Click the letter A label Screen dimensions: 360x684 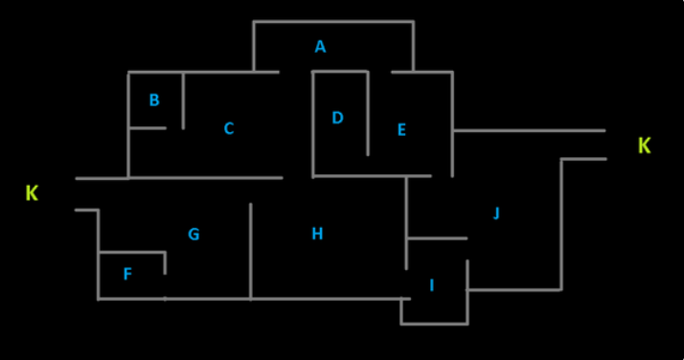pyautogui.click(x=320, y=46)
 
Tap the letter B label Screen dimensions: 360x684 pyautogui.click(x=154, y=100)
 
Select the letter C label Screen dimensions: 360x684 pyautogui.click(x=228, y=128)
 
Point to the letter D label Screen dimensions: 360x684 pyautogui.click(x=337, y=118)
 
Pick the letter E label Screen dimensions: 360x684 pyautogui.click(x=401, y=129)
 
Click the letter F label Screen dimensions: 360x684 pyautogui.click(x=127, y=275)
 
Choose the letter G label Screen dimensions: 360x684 pyautogui.click(x=194, y=234)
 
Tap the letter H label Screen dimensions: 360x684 pyautogui.click(x=317, y=234)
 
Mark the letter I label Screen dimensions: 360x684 pyautogui.click(x=432, y=285)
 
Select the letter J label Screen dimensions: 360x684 pyautogui.click(x=496, y=214)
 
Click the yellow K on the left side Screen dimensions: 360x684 pyautogui.click(x=32, y=193)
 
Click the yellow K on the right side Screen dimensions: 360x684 pyautogui.click(x=645, y=146)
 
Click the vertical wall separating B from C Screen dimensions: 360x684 pyautogui.click(x=183, y=100)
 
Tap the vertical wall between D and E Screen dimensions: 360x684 pyautogui.click(x=368, y=113)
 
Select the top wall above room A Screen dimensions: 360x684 pyautogui.click(x=333, y=21)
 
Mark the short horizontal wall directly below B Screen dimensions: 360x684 pyautogui.click(x=147, y=127)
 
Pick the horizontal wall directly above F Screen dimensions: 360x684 pyautogui.click(x=131, y=253)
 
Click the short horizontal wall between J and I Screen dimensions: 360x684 pyautogui.click(x=437, y=237)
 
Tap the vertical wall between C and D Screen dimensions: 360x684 pyautogui.click(x=313, y=124)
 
